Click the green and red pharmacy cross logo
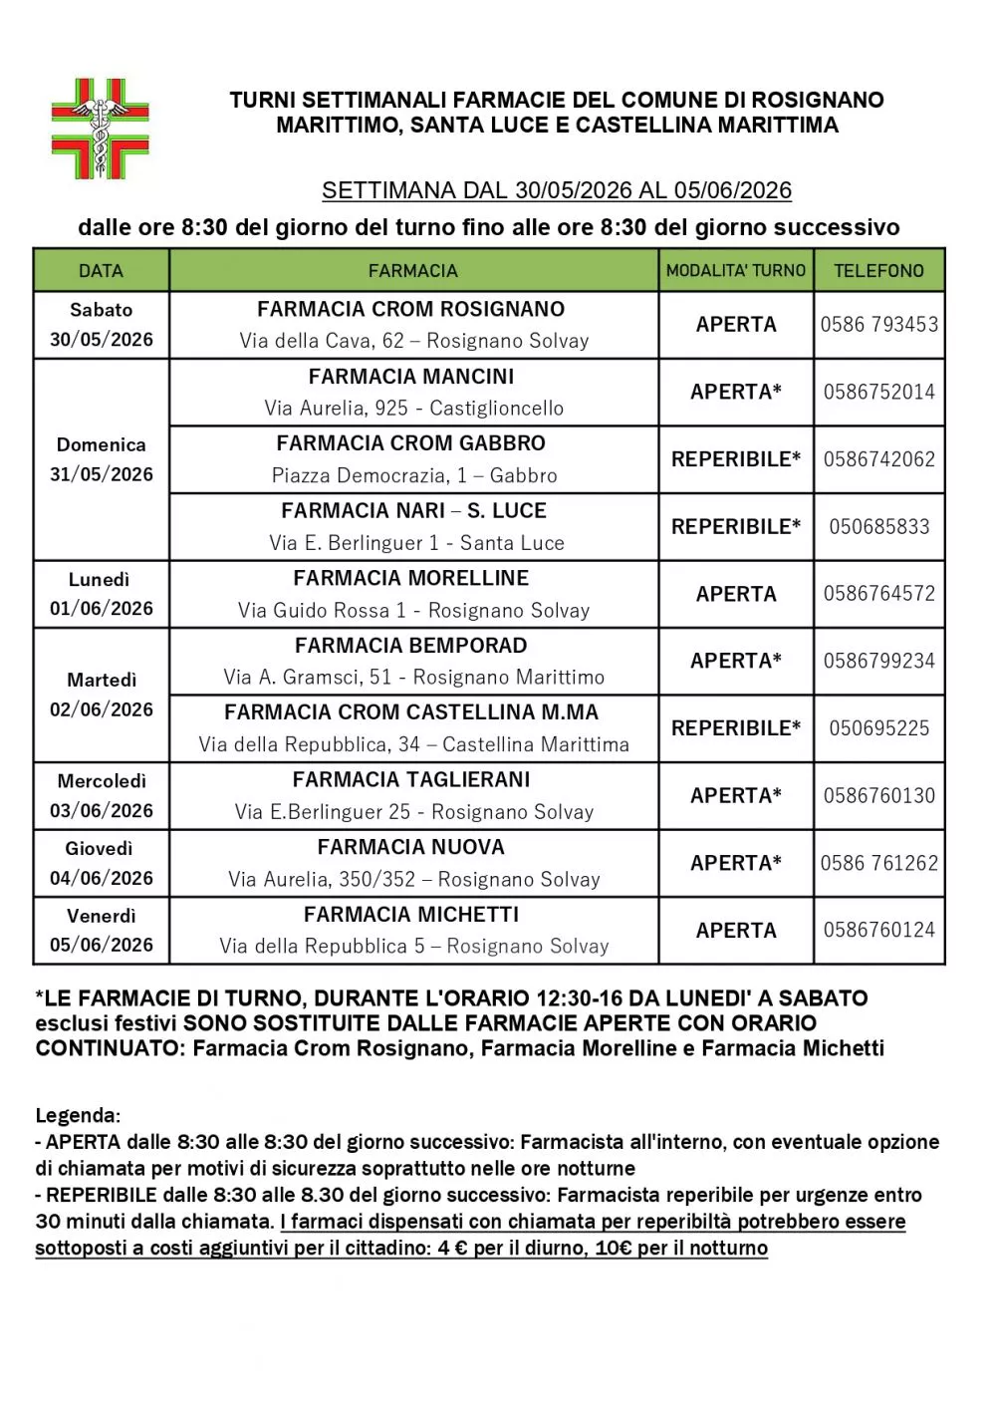100,130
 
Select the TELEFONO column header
878,270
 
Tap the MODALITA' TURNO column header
735,270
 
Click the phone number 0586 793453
878,325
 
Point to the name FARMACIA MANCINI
411,377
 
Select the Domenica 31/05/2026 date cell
101,459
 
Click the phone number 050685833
878,527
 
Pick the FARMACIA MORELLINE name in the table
411,578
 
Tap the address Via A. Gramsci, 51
413,678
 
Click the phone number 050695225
878,728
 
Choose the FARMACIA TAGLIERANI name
411,780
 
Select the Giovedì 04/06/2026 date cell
101,863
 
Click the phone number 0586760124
878,931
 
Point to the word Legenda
78,1115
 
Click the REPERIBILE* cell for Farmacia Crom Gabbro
735,459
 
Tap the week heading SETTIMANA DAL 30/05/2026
556,190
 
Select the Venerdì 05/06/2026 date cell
101,930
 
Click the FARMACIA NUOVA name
411,847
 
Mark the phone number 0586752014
878,393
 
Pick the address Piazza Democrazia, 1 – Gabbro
413,475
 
